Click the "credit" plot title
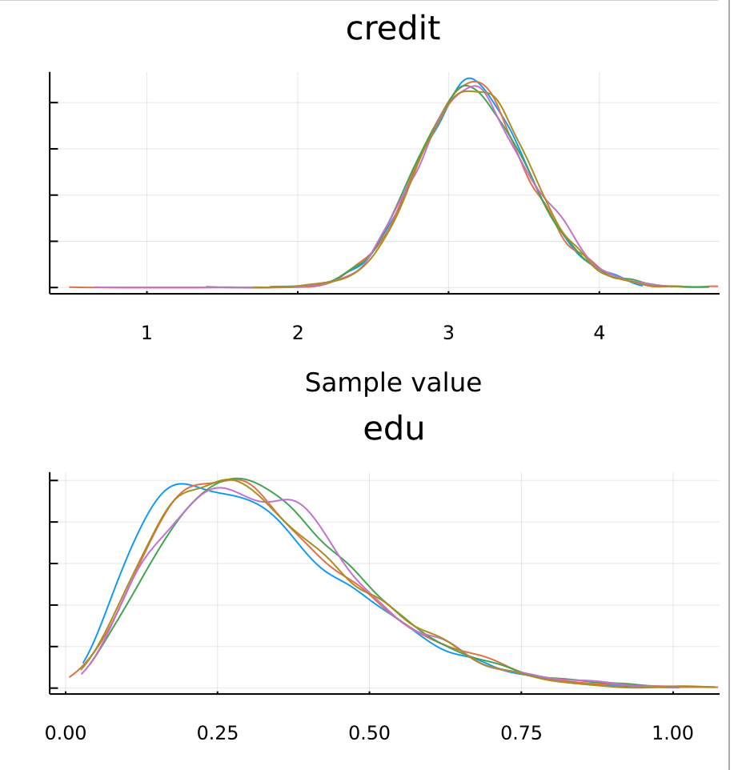[393, 29]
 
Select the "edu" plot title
[393, 429]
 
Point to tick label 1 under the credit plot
[146, 333]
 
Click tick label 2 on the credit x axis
[298, 333]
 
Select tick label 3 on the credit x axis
[448, 333]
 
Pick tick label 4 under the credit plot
[600, 333]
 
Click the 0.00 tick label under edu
[66, 733]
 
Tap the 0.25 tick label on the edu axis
[218, 733]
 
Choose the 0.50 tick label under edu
[370, 733]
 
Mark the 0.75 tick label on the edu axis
[522, 733]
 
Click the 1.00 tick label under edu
[673, 733]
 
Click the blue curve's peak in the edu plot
[181, 483]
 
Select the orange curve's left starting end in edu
[70, 676]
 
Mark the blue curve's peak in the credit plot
[470, 78]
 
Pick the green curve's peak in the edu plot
[238, 479]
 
